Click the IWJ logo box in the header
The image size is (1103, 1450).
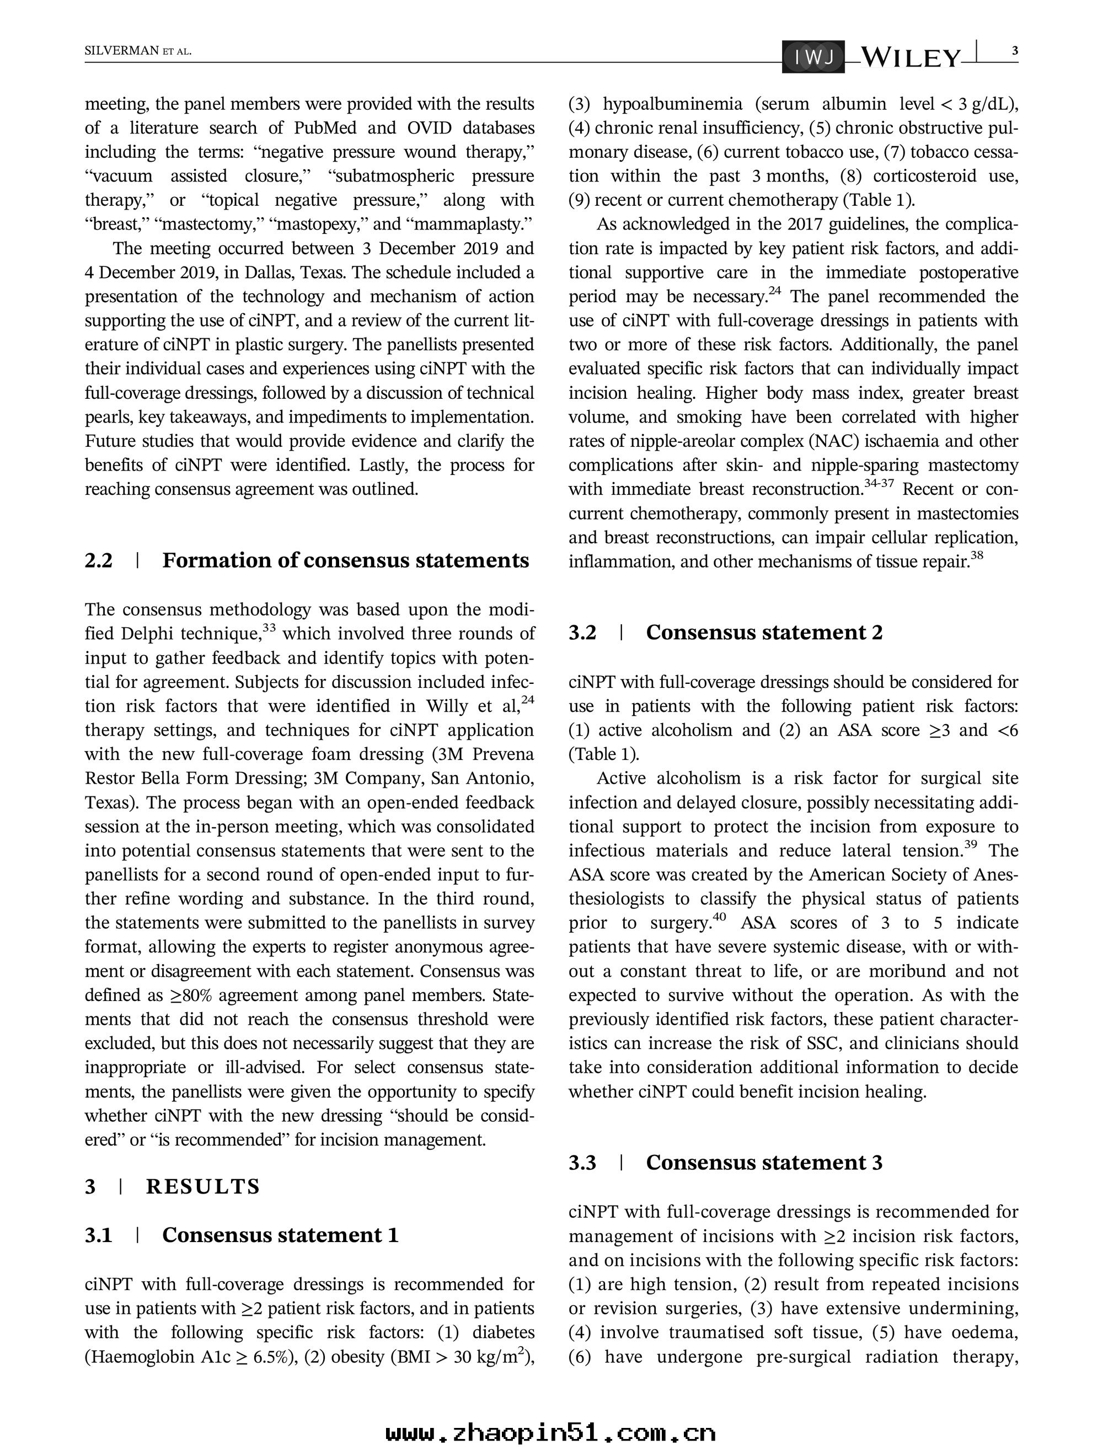813,58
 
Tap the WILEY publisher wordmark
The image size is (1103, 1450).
910,58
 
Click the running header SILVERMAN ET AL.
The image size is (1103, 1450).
138,51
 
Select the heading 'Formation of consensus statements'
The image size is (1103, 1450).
345,560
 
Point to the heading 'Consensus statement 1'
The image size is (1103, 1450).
280,1235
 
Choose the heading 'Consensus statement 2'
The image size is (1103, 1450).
764,633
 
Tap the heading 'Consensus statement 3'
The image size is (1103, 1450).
764,1163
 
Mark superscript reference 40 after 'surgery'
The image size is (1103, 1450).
720,917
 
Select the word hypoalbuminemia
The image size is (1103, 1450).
672,104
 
